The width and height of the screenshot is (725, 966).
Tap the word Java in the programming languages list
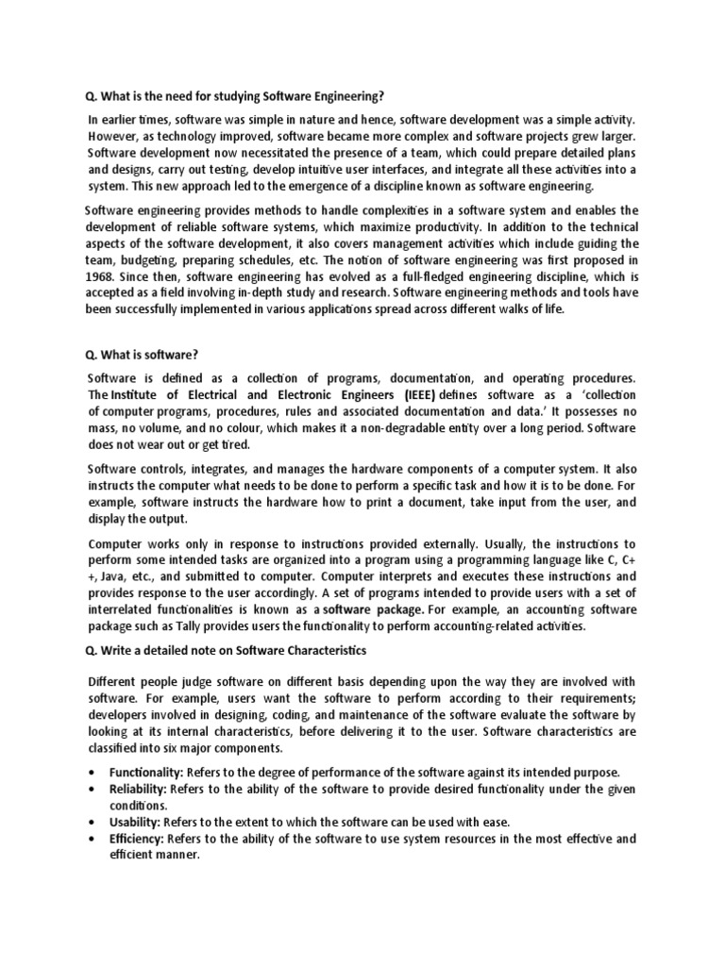tap(115, 577)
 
